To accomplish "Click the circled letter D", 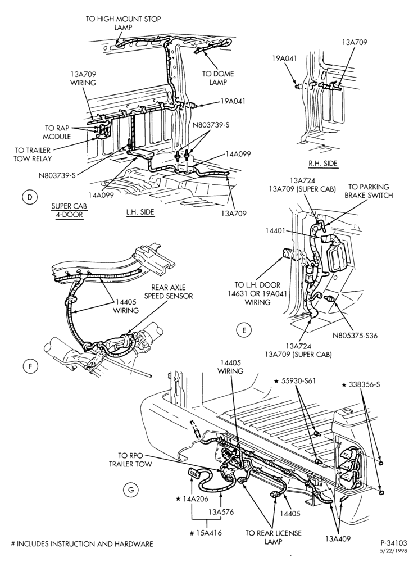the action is click(30, 197).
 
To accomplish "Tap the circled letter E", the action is click(244, 330).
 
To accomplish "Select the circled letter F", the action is click(30, 366).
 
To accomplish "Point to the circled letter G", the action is click(130, 490).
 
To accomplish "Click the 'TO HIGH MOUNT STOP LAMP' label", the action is click(123, 23).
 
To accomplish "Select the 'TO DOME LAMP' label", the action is click(218, 78).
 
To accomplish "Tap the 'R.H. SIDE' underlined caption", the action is click(323, 164).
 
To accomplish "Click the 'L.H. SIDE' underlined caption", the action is click(140, 212).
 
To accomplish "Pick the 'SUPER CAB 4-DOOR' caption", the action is click(69, 211).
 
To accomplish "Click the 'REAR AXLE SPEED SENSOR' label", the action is click(172, 292).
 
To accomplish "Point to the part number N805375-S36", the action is click(355, 336).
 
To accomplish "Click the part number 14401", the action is click(275, 230).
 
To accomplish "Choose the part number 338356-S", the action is click(364, 384).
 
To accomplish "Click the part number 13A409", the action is click(338, 538).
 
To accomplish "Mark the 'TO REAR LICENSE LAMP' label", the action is click(273, 537).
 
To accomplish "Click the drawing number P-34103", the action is click(394, 543).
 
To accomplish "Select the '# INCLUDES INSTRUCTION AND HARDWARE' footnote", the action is click(83, 543).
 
